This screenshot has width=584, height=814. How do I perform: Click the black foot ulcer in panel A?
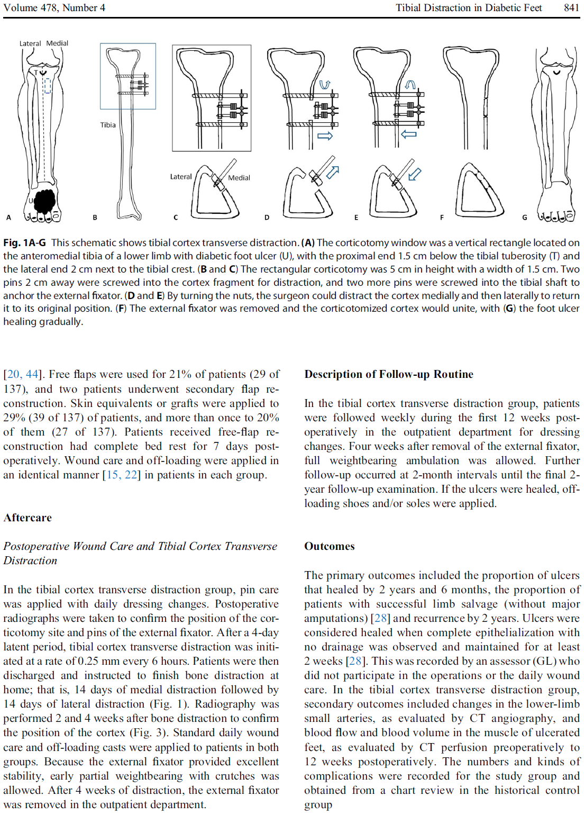(x=44, y=201)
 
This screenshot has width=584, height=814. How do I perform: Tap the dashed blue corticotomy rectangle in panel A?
(x=47, y=86)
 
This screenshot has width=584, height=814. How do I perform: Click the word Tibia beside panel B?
(x=108, y=125)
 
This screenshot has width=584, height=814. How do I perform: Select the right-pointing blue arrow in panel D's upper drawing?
(x=325, y=136)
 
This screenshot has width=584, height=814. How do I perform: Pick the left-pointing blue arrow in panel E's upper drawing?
(x=409, y=134)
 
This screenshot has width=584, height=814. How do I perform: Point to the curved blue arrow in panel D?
(x=325, y=84)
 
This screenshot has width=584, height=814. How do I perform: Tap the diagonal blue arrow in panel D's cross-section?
(x=332, y=172)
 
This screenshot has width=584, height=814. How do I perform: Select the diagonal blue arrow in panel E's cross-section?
(x=415, y=173)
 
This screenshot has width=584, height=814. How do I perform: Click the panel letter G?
(x=525, y=217)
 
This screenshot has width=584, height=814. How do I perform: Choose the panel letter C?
(x=176, y=217)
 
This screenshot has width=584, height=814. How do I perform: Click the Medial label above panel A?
(x=57, y=43)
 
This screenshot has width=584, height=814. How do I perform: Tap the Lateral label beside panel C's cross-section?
(x=181, y=177)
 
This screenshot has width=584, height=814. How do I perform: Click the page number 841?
(x=571, y=7)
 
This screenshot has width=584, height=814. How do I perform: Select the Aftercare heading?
(x=28, y=518)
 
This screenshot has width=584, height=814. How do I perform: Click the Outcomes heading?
(x=329, y=546)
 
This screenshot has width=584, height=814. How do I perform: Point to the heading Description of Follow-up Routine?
(x=389, y=374)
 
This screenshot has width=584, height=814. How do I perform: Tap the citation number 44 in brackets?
(x=32, y=374)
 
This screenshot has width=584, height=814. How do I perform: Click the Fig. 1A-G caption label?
(x=24, y=242)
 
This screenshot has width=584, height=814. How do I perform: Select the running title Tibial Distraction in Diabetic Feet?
(x=469, y=7)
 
